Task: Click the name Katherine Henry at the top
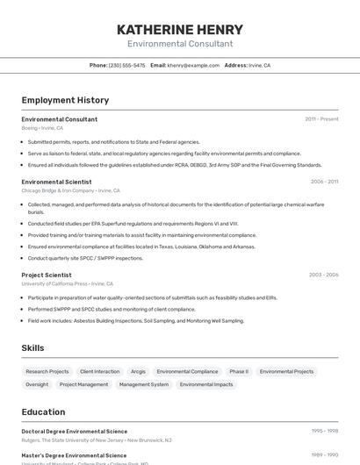pyautogui.click(x=180, y=30)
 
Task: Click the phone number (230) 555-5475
pyautogui.click(x=126, y=65)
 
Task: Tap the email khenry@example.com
pyautogui.click(x=192, y=65)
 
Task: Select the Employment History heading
pyautogui.click(x=65, y=100)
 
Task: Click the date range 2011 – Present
pyautogui.click(x=321, y=119)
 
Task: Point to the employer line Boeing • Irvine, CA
pyautogui.click(x=42, y=128)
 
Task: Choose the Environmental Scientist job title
pyautogui.click(x=56, y=182)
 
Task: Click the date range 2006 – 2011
pyautogui.click(x=324, y=182)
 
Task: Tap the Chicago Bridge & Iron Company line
pyautogui.click(x=70, y=190)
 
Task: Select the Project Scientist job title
pyautogui.click(x=47, y=275)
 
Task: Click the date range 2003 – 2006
pyautogui.click(x=323, y=275)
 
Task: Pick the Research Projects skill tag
pyautogui.click(x=47, y=371)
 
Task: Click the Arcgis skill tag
pyautogui.click(x=138, y=371)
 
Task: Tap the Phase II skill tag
pyautogui.click(x=239, y=371)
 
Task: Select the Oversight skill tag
pyautogui.click(x=37, y=384)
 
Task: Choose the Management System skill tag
pyautogui.click(x=144, y=384)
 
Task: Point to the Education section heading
pyautogui.click(x=43, y=411)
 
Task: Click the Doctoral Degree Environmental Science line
pyautogui.click(x=75, y=431)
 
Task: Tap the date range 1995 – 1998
pyautogui.click(x=325, y=431)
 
